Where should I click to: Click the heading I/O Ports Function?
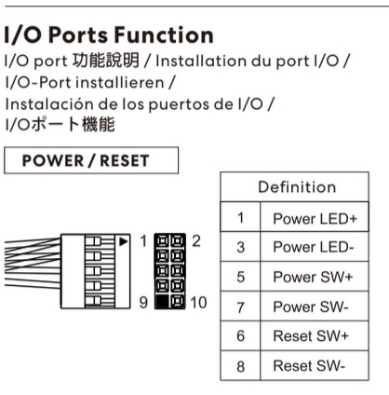pyautogui.click(x=109, y=36)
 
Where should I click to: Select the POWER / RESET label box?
pyautogui.click(x=90, y=159)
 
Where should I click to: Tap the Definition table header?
pyautogui.click(x=296, y=188)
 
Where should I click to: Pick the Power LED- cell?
pyautogui.click(x=315, y=248)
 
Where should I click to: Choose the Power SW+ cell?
pyautogui.click(x=315, y=278)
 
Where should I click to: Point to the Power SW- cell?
pyautogui.click(x=315, y=306)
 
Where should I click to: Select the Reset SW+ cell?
pyautogui.click(x=315, y=336)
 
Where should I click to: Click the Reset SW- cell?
pyautogui.click(x=315, y=366)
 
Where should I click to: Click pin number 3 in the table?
pyautogui.click(x=240, y=248)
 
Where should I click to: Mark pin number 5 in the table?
pyautogui.click(x=240, y=278)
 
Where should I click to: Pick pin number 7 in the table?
pyautogui.click(x=240, y=306)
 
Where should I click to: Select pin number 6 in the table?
pyautogui.click(x=240, y=336)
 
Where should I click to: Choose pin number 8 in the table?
pyautogui.click(x=240, y=366)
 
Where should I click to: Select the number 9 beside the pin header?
pyautogui.click(x=142, y=302)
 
